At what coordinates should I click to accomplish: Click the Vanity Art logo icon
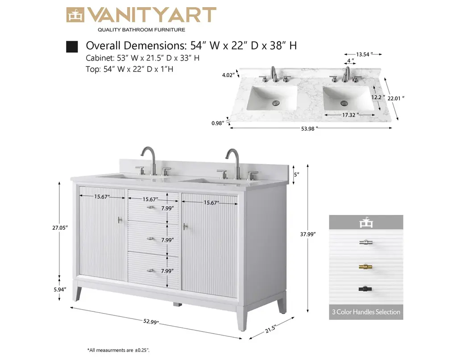tap(75, 15)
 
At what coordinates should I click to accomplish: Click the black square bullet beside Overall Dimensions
tap(72, 46)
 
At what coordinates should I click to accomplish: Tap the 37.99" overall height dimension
tap(308, 234)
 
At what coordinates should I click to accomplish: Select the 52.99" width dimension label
tap(151, 322)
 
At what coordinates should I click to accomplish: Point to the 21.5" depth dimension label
tap(270, 328)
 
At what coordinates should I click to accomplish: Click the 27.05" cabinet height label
tap(60, 228)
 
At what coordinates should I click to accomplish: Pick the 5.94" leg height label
tap(60, 289)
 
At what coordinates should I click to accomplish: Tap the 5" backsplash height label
tap(297, 174)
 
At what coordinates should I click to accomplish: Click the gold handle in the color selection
tap(366, 266)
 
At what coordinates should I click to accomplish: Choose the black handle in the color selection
tap(366, 289)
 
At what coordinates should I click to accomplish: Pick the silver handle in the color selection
tap(366, 242)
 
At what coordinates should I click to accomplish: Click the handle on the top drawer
tap(151, 207)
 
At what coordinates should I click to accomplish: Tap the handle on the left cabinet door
tap(120, 220)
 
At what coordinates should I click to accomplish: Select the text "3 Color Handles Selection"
tap(366, 312)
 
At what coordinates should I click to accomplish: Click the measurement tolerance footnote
tap(118, 350)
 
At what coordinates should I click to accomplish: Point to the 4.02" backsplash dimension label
tap(228, 75)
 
